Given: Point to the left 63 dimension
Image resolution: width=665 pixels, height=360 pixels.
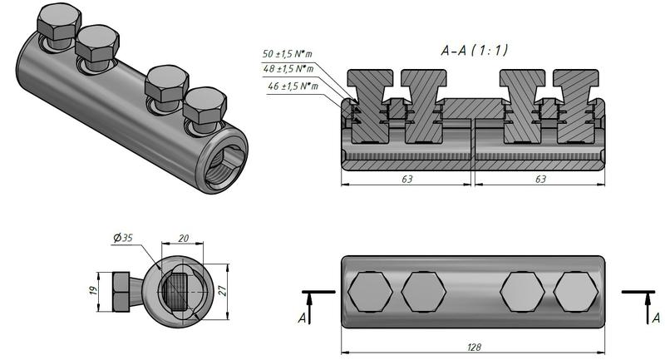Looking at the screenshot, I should tap(406, 178).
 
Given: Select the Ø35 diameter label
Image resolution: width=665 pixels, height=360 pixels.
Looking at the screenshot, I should tap(123, 238).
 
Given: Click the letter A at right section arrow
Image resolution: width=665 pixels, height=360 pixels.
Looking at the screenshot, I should tap(656, 317).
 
